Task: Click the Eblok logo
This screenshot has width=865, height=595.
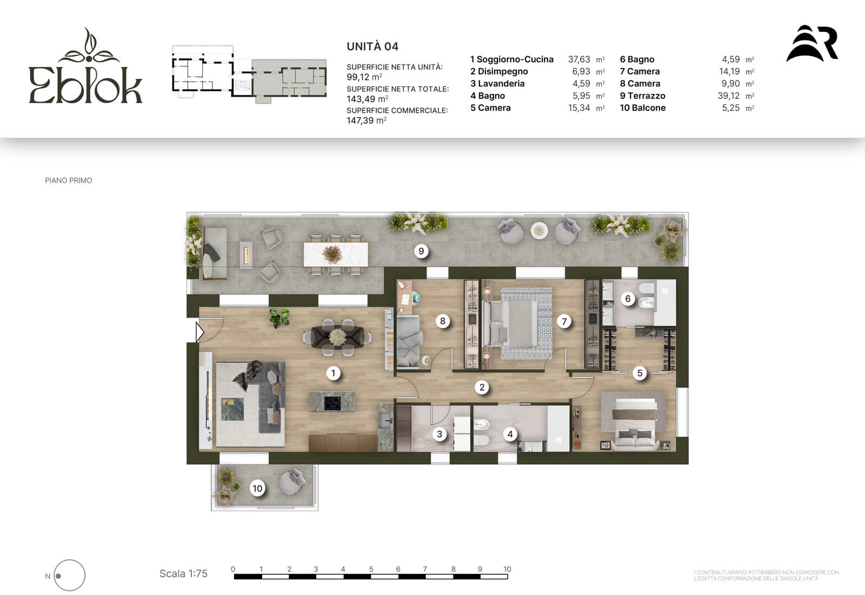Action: click(86, 65)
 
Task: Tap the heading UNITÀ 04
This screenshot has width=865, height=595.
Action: click(372, 46)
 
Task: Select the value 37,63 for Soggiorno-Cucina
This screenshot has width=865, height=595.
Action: click(579, 59)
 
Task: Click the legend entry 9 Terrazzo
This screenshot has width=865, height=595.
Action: click(643, 96)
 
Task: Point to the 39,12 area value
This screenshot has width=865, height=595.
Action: click(729, 96)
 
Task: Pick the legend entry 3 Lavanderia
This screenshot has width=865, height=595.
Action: click(497, 84)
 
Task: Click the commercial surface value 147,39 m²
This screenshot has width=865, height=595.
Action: click(367, 121)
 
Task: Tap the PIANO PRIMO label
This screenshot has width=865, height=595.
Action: click(68, 180)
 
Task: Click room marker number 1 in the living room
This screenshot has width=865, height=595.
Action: click(333, 373)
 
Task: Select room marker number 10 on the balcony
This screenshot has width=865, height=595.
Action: click(257, 488)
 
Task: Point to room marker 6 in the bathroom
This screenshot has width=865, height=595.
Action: click(628, 298)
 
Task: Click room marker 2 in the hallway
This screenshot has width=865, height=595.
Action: click(482, 387)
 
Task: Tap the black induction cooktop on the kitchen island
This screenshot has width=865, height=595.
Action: click(332, 403)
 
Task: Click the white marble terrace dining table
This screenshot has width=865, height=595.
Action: click(336, 253)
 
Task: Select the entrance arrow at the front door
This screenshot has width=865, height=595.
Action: click(199, 332)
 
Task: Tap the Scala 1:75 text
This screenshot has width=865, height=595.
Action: click(183, 574)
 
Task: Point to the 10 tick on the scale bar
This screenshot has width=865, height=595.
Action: click(507, 569)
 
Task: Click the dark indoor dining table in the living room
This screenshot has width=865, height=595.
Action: click(337, 337)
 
